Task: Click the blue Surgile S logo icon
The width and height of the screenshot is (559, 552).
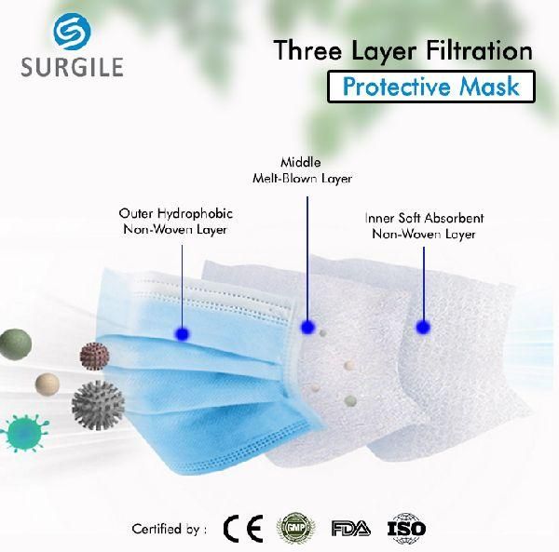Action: click(x=72, y=32)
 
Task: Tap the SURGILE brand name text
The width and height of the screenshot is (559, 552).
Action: click(x=73, y=67)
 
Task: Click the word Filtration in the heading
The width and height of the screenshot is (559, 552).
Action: click(x=479, y=50)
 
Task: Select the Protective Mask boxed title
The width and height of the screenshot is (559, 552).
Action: click(x=431, y=87)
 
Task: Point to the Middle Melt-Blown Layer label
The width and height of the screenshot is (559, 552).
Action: click(x=302, y=170)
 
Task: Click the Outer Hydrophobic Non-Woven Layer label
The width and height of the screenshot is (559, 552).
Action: click(x=175, y=222)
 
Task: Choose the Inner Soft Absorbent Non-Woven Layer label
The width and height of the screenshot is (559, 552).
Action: click(x=424, y=226)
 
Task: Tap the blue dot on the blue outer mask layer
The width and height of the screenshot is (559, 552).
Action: click(x=183, y=334)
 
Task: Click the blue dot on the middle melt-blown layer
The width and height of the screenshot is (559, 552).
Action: click(x=307, y=327)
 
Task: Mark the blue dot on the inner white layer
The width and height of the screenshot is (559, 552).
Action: click(x=423, y=327)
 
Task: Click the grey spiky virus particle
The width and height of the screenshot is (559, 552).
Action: click(x=98, y=405)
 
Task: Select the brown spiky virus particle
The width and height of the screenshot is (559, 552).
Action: click(x=94, y=357)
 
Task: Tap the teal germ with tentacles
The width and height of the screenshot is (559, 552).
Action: click(x=24, y=433)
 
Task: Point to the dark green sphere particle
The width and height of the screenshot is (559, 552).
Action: click(x=15, y=344)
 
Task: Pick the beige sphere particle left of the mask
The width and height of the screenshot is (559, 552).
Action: click(x=48, y=384)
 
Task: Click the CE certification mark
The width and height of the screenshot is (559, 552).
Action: click(x=243, y=529)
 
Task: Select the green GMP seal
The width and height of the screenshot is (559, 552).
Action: click(x=295, y=528)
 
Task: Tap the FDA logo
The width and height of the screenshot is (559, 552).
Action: click(x=351, y=528)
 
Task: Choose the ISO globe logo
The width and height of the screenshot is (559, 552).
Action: click(x=407, y=529)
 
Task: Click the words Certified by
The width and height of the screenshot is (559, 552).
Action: click(x=169, y=529)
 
